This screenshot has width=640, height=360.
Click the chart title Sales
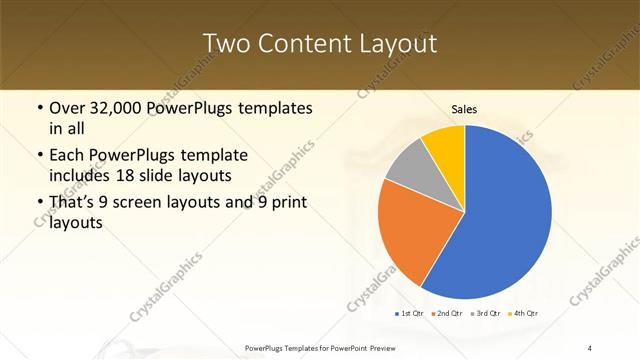[x=464, y=109]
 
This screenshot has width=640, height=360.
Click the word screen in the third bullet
[x=149, y=203]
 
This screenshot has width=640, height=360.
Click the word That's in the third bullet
[x=74, y=203]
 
